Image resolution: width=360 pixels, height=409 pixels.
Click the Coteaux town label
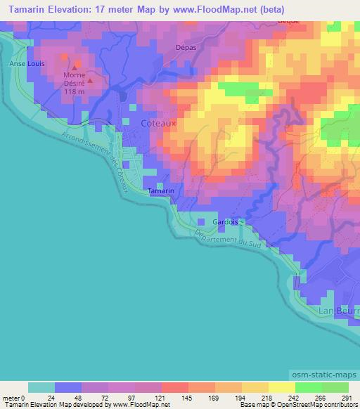pyautogui.click(x=159, y=122)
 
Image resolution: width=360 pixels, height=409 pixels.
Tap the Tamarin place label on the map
pyautogui.click(x=162, y=191)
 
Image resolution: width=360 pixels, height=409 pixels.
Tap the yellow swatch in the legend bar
pyautogui.click(x=281, y=387)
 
